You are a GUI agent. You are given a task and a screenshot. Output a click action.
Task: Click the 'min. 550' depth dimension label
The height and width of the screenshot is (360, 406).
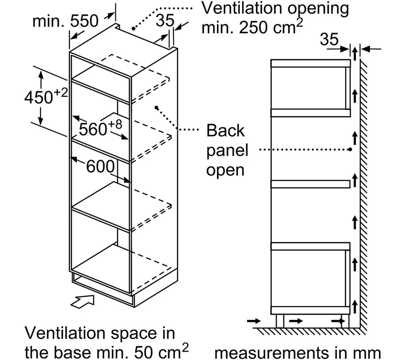tap(65, 21)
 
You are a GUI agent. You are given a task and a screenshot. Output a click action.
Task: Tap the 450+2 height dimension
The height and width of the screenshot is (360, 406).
tap(46, 96)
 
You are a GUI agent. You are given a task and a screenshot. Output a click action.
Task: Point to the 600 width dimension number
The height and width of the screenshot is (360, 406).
tap(100, 166)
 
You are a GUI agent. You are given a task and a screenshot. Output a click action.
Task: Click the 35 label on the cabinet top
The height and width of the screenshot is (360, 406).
tap(165, 20)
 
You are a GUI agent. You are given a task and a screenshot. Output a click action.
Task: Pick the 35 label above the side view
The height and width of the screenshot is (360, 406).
tap(329, 39)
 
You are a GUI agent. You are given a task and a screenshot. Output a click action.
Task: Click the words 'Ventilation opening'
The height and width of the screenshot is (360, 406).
tap(275, 9)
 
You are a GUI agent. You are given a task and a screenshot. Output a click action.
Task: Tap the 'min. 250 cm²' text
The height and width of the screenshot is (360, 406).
tap(252, 27)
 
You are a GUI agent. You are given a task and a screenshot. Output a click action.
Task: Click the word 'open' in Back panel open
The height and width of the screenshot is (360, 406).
tap(225, 171)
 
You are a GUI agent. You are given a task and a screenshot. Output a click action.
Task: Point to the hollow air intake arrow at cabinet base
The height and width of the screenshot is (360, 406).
tap(82, 302)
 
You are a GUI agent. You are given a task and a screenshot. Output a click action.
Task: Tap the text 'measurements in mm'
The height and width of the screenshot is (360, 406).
tap(298, 353)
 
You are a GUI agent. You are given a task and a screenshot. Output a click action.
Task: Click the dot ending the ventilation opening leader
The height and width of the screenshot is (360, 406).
tap(134, 28)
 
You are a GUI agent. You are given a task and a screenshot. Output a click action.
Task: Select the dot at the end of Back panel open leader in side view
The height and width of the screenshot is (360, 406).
tap(350, 149)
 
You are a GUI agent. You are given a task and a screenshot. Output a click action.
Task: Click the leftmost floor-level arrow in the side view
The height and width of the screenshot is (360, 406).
tap(254, 321)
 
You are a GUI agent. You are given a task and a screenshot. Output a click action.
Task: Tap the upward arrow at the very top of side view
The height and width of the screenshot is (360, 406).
tap(355, 54)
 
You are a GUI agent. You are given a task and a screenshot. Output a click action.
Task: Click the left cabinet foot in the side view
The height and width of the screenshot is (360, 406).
tap(280, 321)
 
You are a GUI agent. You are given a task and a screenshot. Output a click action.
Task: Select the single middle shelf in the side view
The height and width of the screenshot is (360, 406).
tap(311, 184)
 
